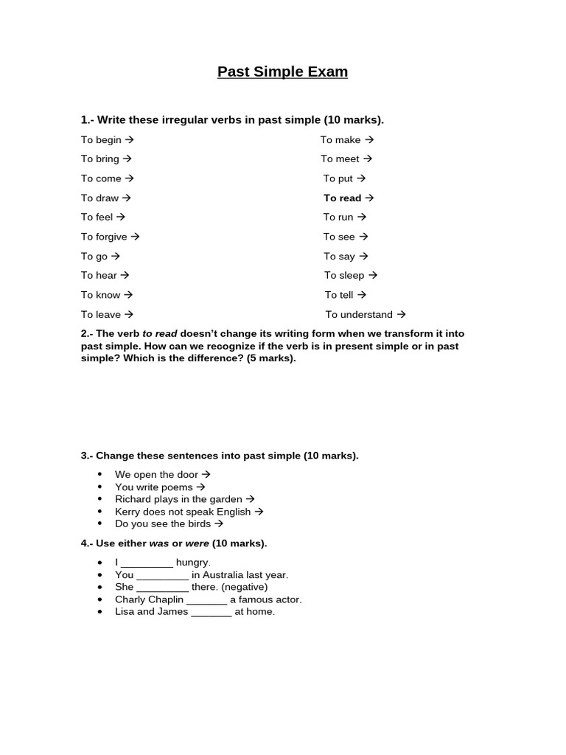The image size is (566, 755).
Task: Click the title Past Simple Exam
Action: [x=282, y=72]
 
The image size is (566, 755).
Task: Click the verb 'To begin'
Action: [x=101, y=139]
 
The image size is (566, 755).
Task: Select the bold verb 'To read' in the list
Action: [x=342, y=198]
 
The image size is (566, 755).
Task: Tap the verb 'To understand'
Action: [x=359, y=314]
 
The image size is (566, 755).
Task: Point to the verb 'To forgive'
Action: [x=104, y=237]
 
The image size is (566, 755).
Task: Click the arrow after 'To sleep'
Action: [x=373, y=275]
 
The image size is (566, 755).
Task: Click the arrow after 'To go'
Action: [x=115, y=256]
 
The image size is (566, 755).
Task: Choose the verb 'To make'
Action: [x=340, y=139]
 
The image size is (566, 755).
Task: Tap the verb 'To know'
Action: [x=100, y=294]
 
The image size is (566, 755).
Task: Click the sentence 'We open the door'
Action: [x=156, y=475]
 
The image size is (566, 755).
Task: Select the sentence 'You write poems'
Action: [x=153, y=487]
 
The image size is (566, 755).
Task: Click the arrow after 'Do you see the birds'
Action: [x=219, y=523]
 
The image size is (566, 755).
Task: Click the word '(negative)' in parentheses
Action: [x=245, y=587]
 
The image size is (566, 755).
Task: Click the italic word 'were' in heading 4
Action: [x=198, y=543]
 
